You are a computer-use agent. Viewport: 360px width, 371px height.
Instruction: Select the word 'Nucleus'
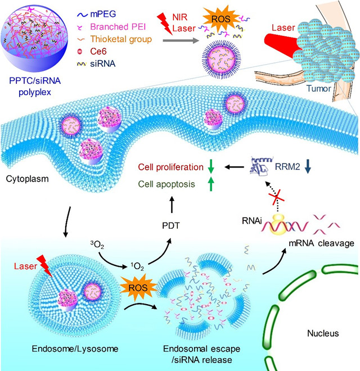[x=322, y=333]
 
